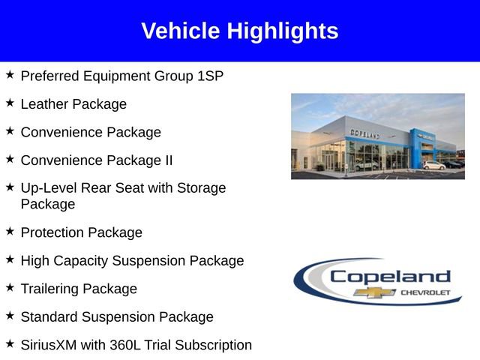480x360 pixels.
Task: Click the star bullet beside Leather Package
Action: tap(10, 103)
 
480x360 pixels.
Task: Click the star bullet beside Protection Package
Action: tap(10, 231)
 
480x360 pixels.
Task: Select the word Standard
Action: tap(51, 316)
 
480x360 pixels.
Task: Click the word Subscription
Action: tap(214, 345)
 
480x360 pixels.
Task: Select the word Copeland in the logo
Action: tap(390, 276)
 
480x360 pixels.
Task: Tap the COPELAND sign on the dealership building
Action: tap(365, 133)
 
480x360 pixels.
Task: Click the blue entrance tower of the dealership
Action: tap(417, 146)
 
